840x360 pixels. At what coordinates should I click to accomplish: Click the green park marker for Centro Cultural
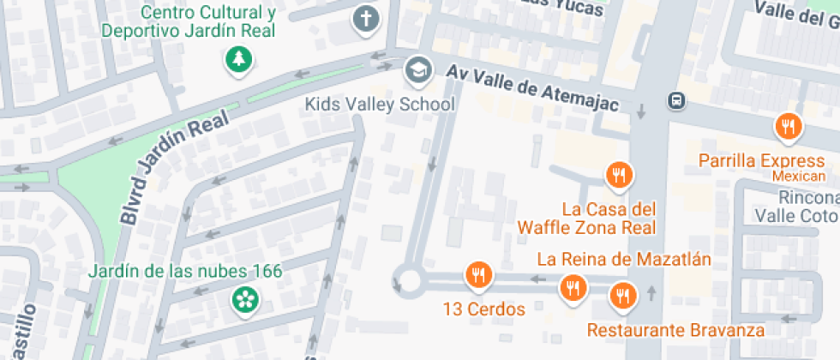(236, 58)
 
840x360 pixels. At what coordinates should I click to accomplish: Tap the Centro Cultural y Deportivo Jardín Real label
(189, 21)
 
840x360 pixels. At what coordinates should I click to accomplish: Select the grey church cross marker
(366, 18)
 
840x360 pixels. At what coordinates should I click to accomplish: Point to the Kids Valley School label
(380, 105)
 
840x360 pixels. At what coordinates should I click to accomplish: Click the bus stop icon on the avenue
(677, 100)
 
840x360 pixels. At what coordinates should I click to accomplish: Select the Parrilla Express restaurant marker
(787, 127)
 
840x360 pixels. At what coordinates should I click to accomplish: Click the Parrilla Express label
(761, 160)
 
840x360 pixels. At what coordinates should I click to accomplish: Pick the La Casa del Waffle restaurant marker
(618, 176)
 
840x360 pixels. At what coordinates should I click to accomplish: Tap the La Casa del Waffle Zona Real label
(586, 218)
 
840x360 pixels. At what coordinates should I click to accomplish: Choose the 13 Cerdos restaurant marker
(478, 275)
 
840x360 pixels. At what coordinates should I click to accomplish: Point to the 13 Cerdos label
(484, 309)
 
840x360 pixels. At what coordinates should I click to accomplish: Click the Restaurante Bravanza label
(675, 329)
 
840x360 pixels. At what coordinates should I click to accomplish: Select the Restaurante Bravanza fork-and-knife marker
(621, 297)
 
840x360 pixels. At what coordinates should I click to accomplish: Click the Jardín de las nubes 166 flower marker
(245, 299)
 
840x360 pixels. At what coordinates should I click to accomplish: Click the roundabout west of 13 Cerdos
(408, 280)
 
